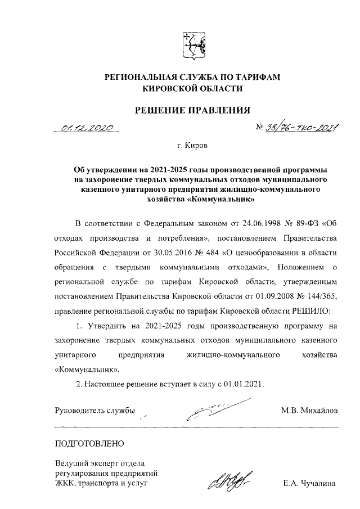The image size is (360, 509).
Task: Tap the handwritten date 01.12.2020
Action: point(88,128)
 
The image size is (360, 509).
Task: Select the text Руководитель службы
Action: point(94,410)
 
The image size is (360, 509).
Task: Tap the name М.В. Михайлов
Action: point(309,410)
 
